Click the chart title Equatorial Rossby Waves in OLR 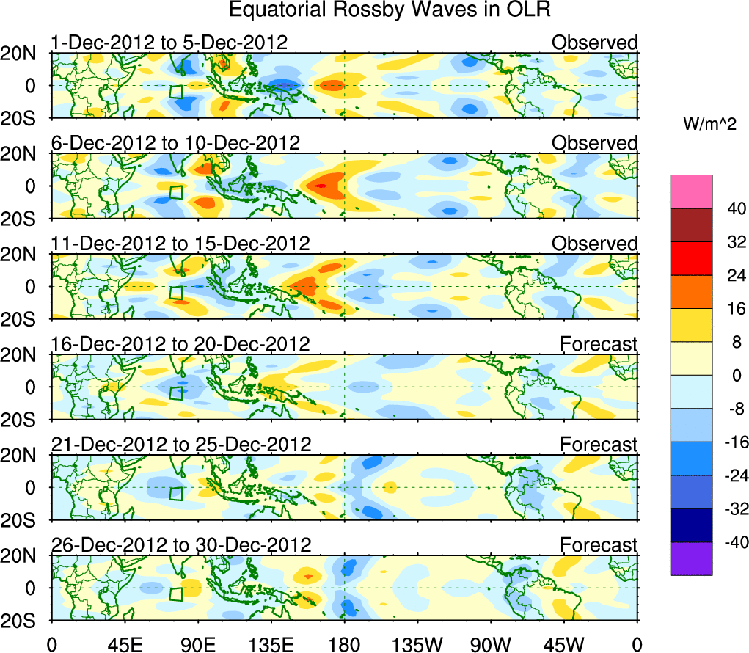click(x=390, y=10)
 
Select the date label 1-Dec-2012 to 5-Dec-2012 click(x=169, y=43)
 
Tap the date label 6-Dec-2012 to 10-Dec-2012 click(x=175, y=142)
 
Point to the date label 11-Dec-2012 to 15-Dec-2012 click(x=180, y=243)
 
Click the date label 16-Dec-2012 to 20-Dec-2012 click(x=180, y=343)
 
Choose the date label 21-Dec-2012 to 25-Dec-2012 click(x=181, y=444)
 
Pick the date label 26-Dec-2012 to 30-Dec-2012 click(x=181, y=544)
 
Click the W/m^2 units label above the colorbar click(x=709, y=123)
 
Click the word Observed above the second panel click(x=595, y=143)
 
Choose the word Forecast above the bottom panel click(x=599, y=545)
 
